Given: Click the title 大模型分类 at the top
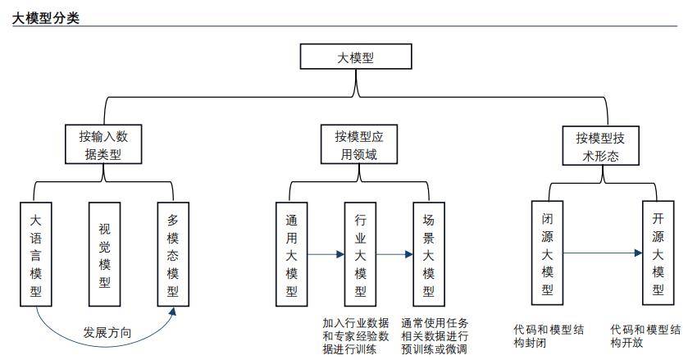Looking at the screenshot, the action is (45, 18).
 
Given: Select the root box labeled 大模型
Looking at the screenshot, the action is (356, 57).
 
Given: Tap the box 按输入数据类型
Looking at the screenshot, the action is (103, 144).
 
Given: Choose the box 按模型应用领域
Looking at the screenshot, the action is (359, 144).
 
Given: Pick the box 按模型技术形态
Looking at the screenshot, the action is (601, 146).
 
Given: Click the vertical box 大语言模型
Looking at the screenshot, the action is (36, 254).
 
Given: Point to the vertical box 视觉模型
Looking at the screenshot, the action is (104, 254).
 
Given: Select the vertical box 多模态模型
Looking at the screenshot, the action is (173, 254).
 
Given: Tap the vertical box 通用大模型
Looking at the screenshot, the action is (291, 254).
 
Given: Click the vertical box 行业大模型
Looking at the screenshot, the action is (360, 254).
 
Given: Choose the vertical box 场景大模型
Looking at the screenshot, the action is (429, 254).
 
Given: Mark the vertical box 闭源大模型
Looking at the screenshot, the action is (547, 253).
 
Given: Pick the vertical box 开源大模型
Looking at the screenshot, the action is (658, 253).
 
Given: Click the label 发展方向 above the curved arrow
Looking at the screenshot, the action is (107, 332).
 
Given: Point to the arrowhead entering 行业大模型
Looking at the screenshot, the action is (340, 254).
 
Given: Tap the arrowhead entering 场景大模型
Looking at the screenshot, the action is (409, 254).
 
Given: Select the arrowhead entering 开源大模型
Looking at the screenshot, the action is (639, 253).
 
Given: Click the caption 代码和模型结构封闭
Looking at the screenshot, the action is (549, 336).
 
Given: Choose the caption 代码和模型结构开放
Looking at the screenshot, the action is (645, 336).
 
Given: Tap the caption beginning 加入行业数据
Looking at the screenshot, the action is (356, 336).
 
